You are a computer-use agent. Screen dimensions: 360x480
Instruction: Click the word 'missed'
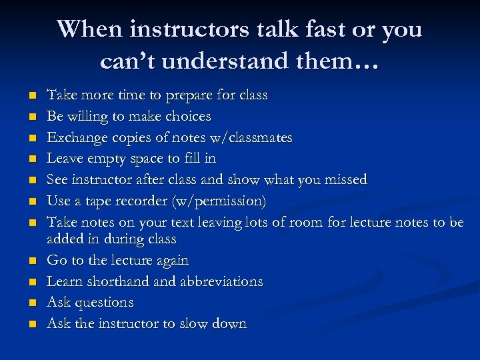pyautogui.click(x=344, y=179)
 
